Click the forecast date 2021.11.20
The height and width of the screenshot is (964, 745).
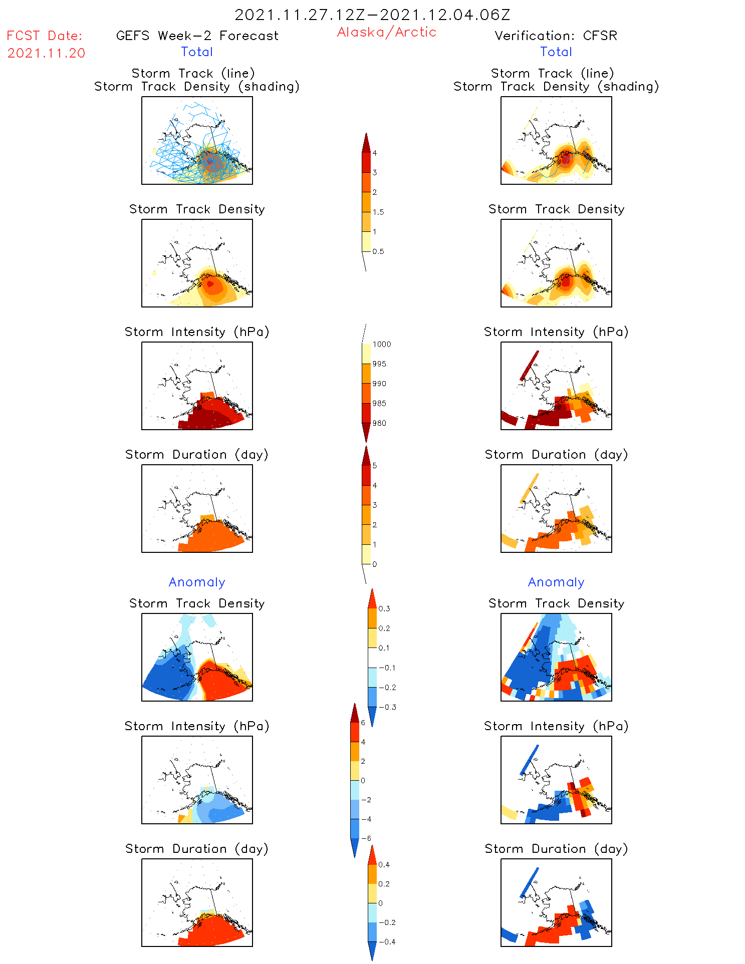[x=46, y=53]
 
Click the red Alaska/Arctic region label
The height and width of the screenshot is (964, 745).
[x=386, y=32]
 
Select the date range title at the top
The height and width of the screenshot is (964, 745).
[x=372, y=15]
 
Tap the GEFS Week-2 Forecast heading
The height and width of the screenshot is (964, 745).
[x=197, y=36]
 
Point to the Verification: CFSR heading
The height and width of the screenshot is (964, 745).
[x=556, y=36]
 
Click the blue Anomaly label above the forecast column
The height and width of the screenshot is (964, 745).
[x=197, y=582]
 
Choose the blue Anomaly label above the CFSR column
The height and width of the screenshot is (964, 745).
[x=556, y=582]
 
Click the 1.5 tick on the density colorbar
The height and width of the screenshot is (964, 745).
[x=378, y=212]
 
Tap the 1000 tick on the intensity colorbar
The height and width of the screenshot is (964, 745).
[x=381, y=344]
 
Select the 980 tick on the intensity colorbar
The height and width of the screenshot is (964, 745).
[x=379, y=423]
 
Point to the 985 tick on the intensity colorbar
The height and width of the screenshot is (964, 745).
[x=379, y=403]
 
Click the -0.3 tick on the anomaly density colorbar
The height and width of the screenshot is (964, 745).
[x=387, y=707]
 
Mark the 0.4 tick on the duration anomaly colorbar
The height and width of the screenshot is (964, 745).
[x=384, y=864]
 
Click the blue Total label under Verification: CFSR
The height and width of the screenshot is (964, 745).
[x=556, y=52]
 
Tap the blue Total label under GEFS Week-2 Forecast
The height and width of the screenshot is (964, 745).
[x=197, y=52]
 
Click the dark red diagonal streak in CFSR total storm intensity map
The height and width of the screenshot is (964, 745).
[x=529, y=366]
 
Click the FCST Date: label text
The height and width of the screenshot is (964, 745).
[x=45, y=36]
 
